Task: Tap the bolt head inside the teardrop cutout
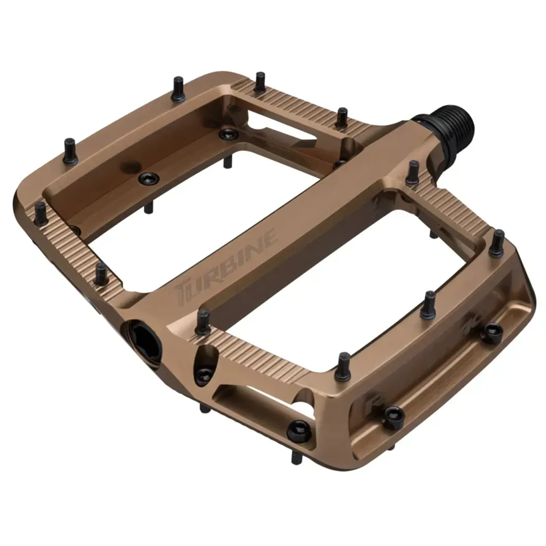204,373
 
